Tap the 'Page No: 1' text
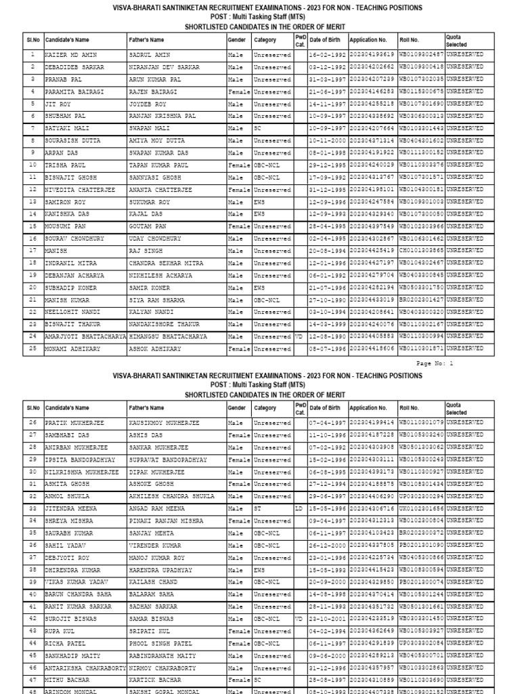click(434, 364)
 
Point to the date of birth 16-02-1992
click(328, 56)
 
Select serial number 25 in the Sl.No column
click(32, 348)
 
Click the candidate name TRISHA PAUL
click(65, 165)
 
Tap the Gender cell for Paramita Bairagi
click(238, 92)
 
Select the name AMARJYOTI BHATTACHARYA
click(85, 336)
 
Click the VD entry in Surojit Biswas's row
click(299, 618)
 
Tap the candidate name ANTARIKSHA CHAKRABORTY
click(85, 667)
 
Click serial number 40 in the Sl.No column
click(32, 594)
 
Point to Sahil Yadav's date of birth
click(328, 545)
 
